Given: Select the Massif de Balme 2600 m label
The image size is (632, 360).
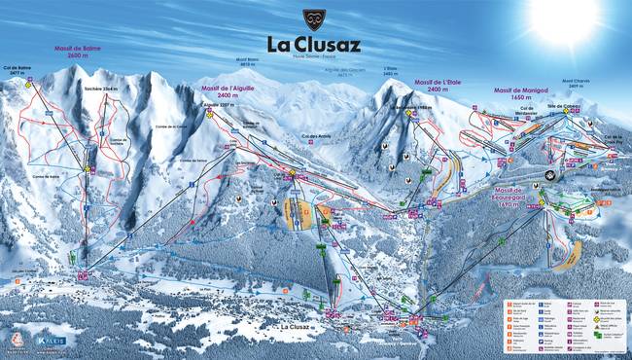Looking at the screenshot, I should [77, 51].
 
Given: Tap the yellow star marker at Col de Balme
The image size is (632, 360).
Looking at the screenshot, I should [29, 85].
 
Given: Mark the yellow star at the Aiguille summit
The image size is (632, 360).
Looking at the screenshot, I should [209, 113].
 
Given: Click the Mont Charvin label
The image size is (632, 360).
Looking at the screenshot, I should [574, 85].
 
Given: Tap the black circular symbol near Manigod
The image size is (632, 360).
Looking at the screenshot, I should [551, 175].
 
